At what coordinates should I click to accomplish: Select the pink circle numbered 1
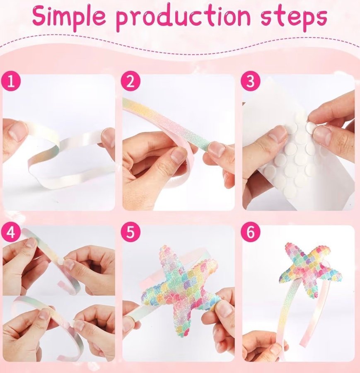11,81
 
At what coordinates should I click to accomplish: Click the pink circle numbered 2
130,81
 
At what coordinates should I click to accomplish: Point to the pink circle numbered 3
251,81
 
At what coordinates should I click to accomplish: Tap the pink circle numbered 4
11,232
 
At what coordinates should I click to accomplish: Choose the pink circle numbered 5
130,232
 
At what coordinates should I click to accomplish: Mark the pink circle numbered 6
251,232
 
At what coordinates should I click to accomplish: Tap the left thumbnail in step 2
178,156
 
